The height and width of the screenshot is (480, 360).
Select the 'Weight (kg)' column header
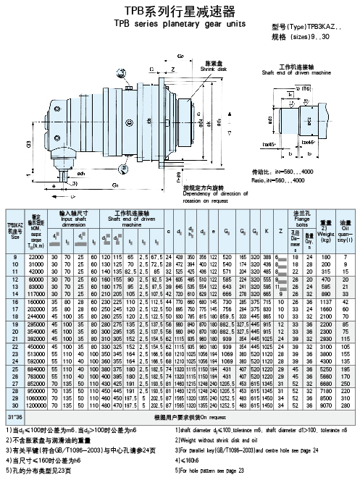coord(326,224)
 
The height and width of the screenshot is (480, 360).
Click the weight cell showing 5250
coord(326,369)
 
